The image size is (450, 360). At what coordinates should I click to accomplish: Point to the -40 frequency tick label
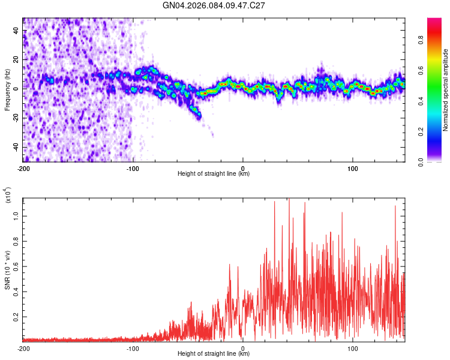[x=14, y=148]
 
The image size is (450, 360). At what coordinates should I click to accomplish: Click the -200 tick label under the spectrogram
[x=23, y=168]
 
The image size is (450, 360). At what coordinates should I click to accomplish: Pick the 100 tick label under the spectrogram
[x=353, y=168]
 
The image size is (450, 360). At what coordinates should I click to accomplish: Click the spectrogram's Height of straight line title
[x=214, y=174]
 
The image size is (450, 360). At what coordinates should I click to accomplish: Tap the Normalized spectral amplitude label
[x=446, y=90]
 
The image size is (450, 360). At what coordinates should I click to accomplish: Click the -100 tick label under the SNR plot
[x=133, y=348]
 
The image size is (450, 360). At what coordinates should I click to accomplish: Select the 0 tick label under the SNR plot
[x=243, y=348]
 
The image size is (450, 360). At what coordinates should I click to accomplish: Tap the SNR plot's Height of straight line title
[x=214, y=354]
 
